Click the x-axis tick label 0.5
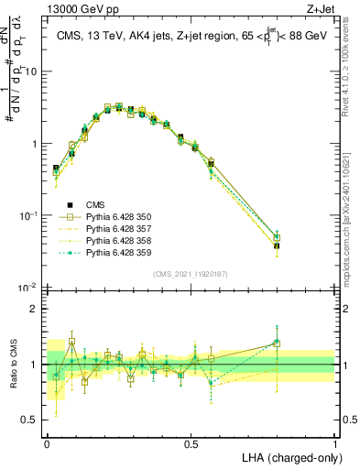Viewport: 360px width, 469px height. point(191,442)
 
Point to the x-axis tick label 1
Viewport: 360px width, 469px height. point(335,442)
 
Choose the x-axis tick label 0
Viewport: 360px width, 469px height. point(47,442)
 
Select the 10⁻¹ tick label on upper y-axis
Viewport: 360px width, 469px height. point(27,215)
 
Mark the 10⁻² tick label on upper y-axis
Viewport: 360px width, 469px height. point(27,288)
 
